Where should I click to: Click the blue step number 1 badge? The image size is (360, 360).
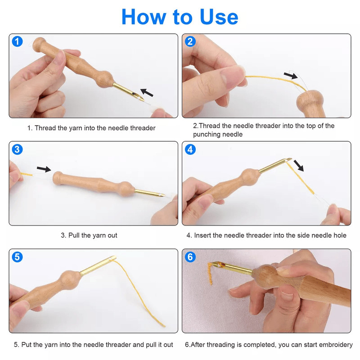coord(17,42)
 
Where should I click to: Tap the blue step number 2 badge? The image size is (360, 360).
coord(190,42)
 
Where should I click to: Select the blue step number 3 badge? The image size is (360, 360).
coord(17,149)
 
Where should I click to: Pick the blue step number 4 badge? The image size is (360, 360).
coord(190,149)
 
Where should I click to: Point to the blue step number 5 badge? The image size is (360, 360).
coord(17,257)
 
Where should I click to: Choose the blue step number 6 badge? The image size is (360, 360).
coord(190,257)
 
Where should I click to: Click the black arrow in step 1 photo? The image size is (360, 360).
coord(147,93)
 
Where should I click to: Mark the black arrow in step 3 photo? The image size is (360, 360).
coord(44,169)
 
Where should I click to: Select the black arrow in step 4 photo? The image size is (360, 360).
coord(298,165)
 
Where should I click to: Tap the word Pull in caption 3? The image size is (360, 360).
coord(75,235)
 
